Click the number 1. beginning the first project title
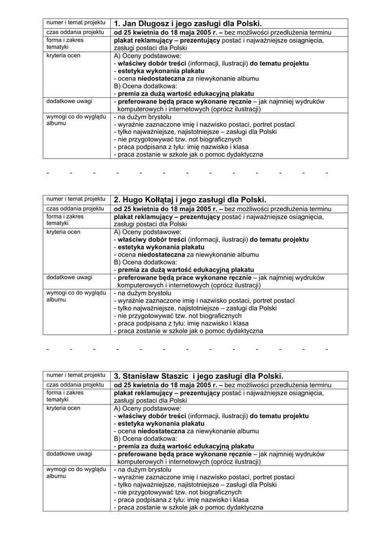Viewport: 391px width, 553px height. [117, 24]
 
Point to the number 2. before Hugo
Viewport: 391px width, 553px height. [117, 200]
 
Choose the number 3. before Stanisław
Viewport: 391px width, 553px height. [117, 376]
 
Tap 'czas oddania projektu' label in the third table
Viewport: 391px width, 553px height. [75, 385]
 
